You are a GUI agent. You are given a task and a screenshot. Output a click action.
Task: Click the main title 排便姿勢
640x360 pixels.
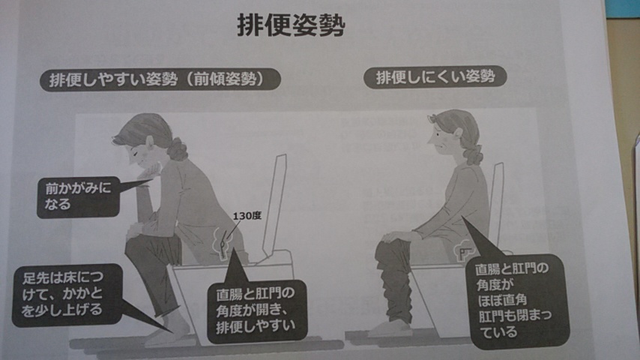click(291, 25)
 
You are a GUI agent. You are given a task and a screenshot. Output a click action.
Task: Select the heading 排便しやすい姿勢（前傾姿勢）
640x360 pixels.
click(160, 79)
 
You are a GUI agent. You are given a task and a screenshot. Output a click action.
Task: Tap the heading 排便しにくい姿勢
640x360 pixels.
click(435, 76)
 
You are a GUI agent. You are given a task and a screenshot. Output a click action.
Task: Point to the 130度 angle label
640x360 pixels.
click(247, 216)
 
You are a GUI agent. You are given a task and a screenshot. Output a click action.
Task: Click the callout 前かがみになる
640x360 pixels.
click(78, 196)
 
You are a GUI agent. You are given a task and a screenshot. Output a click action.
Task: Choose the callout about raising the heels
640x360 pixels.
click(66, 294)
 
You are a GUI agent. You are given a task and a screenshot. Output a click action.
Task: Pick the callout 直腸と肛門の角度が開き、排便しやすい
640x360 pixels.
click(256, 310)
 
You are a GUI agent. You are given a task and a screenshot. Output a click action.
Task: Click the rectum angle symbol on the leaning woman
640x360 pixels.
click(222, 244)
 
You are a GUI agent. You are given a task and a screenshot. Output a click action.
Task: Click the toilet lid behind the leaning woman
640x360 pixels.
click(275, 206)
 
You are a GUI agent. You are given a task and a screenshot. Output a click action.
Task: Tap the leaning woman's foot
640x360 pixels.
click(168, 331)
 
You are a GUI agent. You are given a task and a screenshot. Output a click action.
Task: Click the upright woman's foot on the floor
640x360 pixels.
click(387, 329)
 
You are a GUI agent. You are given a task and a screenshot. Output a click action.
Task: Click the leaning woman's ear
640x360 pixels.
click(149, 142)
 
